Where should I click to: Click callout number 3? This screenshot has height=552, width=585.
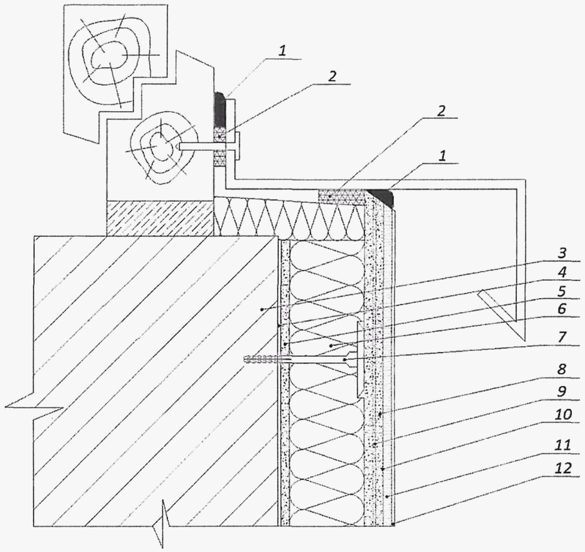pos(562,253)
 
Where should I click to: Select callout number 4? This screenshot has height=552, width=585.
pos(562,272)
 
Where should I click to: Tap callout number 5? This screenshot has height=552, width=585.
pos(562,291)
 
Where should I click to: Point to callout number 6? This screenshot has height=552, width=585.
pos(562,309)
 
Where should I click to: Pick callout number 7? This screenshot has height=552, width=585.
pos(562,337)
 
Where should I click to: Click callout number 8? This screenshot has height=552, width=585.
pos(562,369)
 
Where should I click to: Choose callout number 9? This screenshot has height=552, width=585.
pos(562,391)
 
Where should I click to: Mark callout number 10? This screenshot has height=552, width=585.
pos(563,414)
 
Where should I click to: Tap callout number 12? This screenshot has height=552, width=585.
pos(563,468)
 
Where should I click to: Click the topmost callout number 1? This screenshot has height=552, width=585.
pos(282,51)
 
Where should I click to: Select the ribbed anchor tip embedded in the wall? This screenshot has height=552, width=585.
pos(260,359)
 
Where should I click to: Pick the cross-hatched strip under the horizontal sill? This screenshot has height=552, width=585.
pos(342,197)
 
